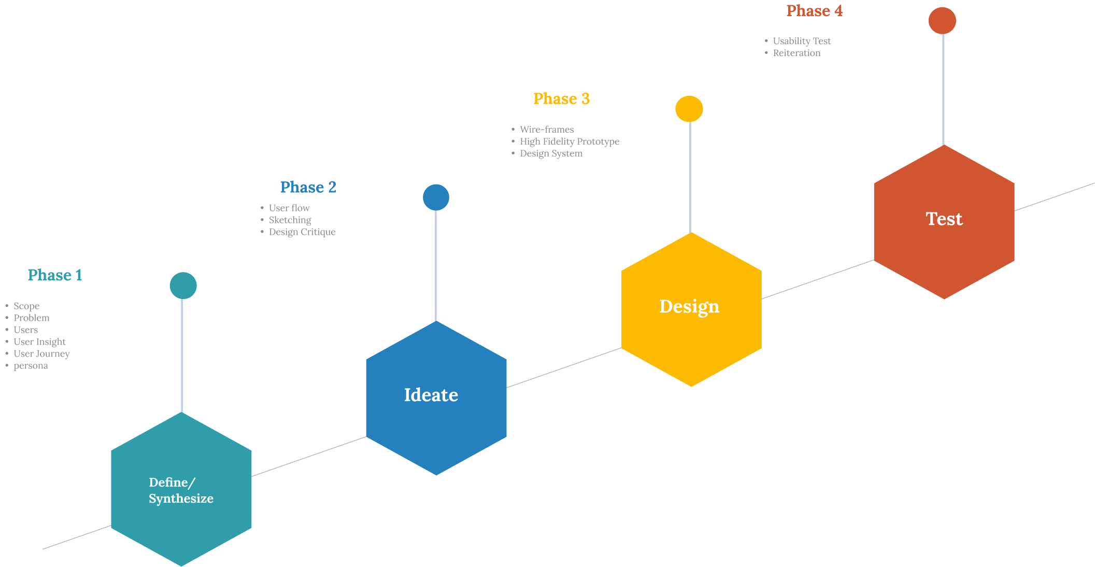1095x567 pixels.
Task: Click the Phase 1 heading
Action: [x=55, y=275]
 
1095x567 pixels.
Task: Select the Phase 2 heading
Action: [x=308, y=187]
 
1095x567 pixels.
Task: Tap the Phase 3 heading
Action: [x=561, y=99]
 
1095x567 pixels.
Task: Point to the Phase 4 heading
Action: [x=814, y=11]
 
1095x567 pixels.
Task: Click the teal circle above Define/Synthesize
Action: [x=183, y=286]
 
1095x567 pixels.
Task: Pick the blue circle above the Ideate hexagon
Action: [x=436, y=197]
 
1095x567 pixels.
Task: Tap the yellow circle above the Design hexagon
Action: [x=689, y=109]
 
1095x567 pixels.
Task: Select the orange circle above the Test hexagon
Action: [x=942, y=21]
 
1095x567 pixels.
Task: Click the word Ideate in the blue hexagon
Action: [x=431, y=395]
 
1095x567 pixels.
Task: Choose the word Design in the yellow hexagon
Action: [x=689, y=307]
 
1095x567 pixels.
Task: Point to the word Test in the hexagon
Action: [x=944, y=219]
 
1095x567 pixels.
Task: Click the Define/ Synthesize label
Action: [x=181, y=490]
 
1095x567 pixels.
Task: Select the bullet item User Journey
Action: [x=41, y=354]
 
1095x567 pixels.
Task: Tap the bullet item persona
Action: [x=31, y=366]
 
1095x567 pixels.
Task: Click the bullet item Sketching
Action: [x=290, y=220]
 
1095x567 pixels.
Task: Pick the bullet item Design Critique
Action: [x=302, y=232]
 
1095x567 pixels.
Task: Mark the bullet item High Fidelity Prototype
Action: [x=569, y=141]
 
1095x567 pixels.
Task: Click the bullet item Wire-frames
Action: [x=547, y=130]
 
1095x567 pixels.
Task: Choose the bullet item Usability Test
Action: [x=802, y=41]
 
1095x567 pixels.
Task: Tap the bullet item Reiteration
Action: [x=797, y=53]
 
